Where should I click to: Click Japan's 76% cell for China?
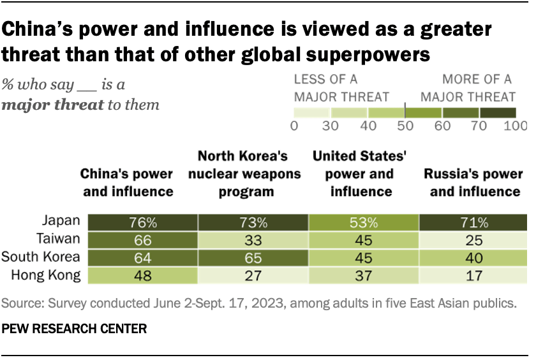(x=143, y=223)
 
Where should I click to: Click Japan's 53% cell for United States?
(x=363, y=223)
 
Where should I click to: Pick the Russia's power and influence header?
(x=473, y=182)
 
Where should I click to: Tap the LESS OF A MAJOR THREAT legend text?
(x=341, y=88)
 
